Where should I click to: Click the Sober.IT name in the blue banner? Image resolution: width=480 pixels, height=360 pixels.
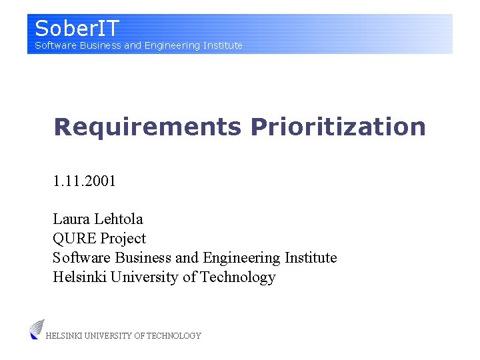(77, 29)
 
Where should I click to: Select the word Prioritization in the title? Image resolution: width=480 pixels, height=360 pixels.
(338, 127)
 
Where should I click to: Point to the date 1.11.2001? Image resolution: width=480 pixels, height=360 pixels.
(85, 181)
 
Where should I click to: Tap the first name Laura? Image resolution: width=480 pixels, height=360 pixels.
(71, 219)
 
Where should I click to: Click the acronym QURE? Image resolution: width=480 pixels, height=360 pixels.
(75, 238)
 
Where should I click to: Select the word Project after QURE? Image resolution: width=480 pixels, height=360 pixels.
(123, 238)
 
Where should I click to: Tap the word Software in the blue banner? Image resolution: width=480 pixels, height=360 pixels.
(55, 45)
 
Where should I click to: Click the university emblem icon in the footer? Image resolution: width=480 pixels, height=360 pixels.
(37, 329)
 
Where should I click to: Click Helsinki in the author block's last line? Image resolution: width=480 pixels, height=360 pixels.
(79, 277)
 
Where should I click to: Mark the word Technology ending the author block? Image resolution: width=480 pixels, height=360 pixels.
(238, 277)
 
